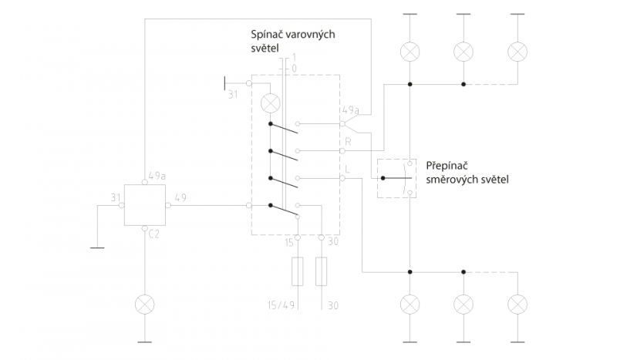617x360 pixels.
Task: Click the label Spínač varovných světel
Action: pyautogui.click(x=293, y=41)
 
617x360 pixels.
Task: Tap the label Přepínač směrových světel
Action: pyautogui.click(x=467, y=173)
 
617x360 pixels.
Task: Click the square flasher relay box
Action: pyautogui.click(x=145, y=205)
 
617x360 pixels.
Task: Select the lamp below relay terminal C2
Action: pyautogui.click(x=145, y=304)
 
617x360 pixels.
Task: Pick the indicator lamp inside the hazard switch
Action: pyautogui.click(x=271, y=104)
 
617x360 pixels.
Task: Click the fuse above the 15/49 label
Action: pyautogui.click(x=298, y=271)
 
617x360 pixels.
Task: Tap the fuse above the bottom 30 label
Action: pyautogui.click(x=321, y=271)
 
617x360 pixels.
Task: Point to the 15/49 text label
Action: pyautogui.click(x=281, y=305)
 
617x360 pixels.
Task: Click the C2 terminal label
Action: pyautogui.click(x=153, y=234)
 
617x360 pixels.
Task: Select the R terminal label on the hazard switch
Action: pyautogui.click(x=348, y=141)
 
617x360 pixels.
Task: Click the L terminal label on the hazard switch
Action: pyautogui.click(x=347, y=169)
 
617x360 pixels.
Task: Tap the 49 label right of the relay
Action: pyautogui.click(x=180, y=197)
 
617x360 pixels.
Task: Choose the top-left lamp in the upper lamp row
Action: pyautogui.click(x=410, y=52)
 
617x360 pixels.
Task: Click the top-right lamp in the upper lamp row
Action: pyautogui.click(x=518, y=52)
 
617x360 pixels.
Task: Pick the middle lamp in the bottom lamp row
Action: pyautogui.click(x=464, y=304)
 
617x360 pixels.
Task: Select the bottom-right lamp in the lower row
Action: pyautogui.click(x=518, y=304)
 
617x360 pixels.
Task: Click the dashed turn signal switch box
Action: pyautogui.click(x=377, y=178)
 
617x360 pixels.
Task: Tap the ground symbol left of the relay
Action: pyautogui.click(x=97, y=247)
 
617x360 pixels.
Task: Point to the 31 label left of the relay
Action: pyautogui.click(x=115, y=197)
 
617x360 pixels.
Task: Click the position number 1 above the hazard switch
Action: pyautogui.click(x=294, y=58)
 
